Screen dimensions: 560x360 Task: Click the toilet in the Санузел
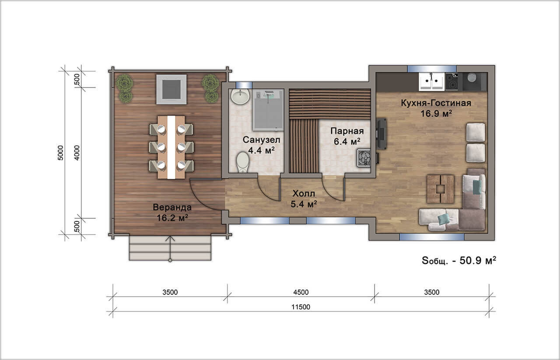coord(243,162)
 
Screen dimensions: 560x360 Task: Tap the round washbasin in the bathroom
coord(240,96)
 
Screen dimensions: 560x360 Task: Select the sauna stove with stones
coord(364,157)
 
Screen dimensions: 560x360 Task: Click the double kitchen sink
coord(432,81)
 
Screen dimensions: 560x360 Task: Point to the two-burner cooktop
coord(452,81)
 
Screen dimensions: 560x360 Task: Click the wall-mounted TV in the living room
coord(382,134)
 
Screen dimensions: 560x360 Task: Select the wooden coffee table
coord(441,189)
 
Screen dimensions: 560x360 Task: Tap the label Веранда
coord(172,207)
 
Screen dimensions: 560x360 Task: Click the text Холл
coord(304,193)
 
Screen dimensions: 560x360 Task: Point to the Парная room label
coord(347,131)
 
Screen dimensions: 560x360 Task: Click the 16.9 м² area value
coord(436,114)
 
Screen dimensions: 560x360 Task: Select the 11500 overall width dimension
coord(301,307)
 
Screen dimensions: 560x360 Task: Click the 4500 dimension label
coord(301,292)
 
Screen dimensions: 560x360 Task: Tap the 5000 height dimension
coord(61,153)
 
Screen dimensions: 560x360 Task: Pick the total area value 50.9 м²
coord(478,261)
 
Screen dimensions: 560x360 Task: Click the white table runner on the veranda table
coord(171,147)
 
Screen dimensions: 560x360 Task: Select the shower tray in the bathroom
coord(268,110)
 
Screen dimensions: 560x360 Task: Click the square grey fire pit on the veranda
coord(171,89)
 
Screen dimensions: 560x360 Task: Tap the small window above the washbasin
coord(244,85)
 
